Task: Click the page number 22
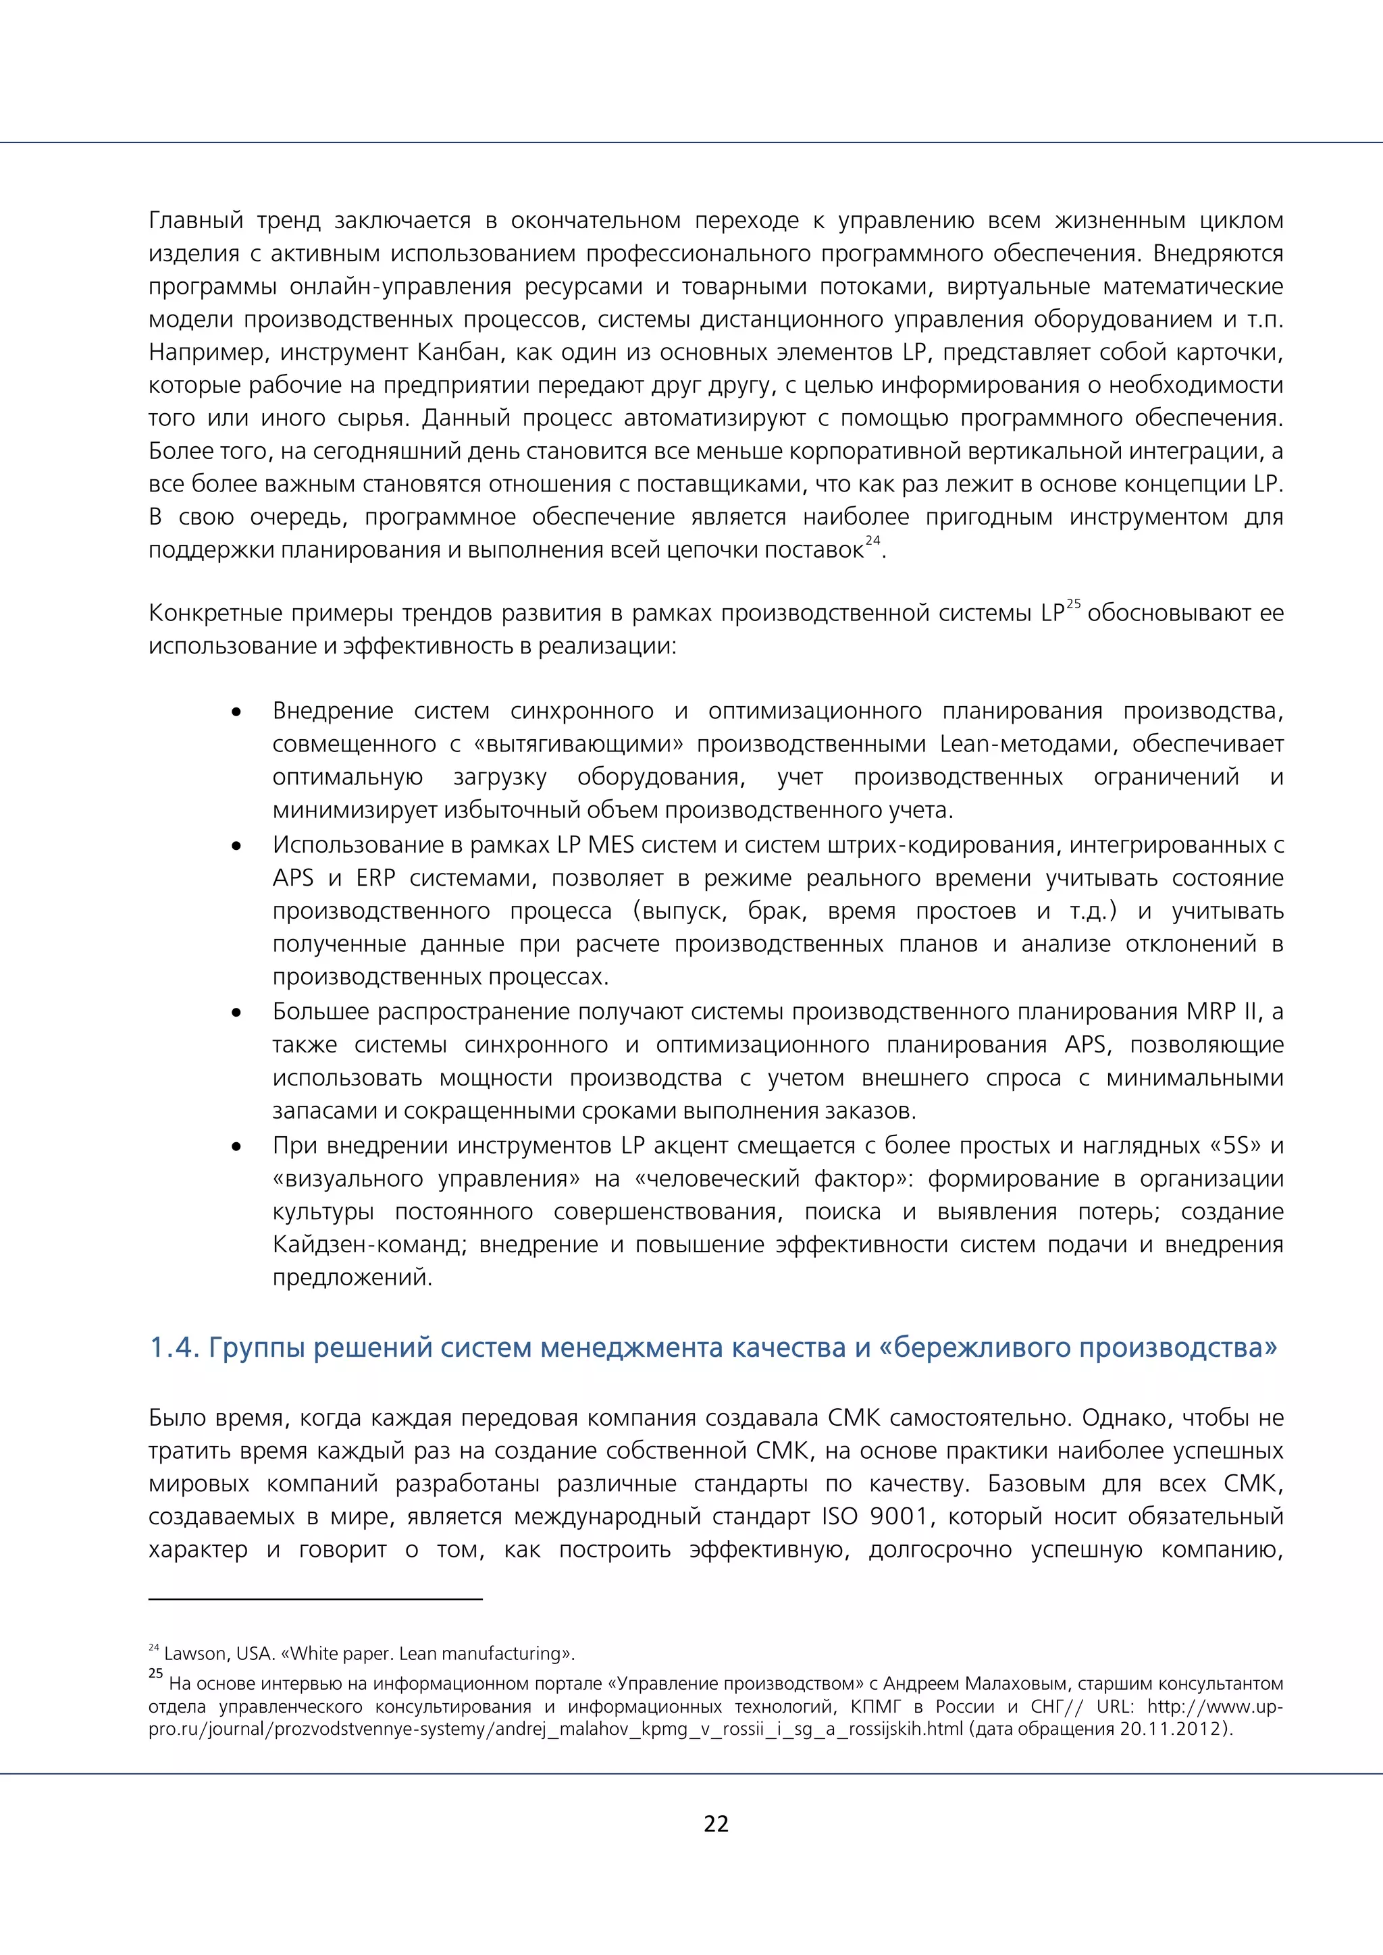point(715,1823)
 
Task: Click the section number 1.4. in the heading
point(174,1348)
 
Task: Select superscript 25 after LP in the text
point(1073,604)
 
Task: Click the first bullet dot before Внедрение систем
point(237,712)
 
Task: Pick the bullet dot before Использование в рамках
point(237,845)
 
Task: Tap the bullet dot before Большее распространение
point(237,1013)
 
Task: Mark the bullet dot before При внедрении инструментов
point(237,1146)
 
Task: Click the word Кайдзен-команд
point(369,1244)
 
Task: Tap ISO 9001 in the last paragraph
point(875,1516)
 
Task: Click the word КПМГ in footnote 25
point(875,1707)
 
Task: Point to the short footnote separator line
point(315,1599)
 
